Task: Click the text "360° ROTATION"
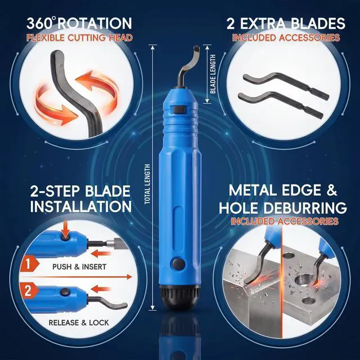point(79,23)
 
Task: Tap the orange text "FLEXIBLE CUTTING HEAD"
point(79,38)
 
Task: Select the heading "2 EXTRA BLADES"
point(286,23)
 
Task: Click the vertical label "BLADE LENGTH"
point(213,74)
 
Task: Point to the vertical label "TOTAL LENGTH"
point(147,184)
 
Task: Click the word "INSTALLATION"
point(81,206)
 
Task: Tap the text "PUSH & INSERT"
point(79,267)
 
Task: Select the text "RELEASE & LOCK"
point(79,322)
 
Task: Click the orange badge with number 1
point(29,264)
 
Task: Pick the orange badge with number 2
point(29,290)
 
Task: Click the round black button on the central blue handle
point(178,264)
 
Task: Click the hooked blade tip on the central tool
point(196,49)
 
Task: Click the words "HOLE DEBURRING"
point(283,208)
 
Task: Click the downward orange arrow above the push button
point(65,229)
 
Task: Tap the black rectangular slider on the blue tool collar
point(179,109)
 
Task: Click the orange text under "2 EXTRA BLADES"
point(286,38)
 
